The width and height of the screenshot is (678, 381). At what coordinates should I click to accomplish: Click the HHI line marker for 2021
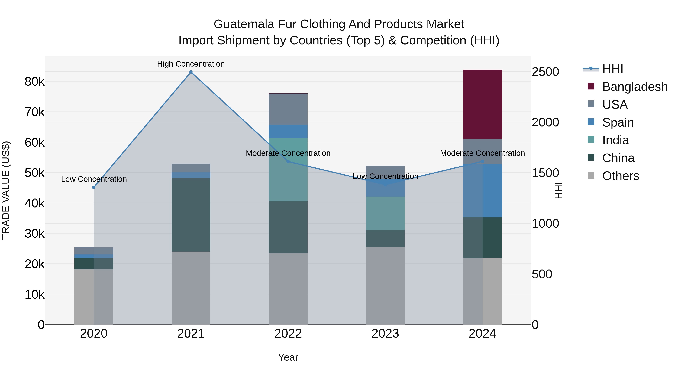(x=191, y=72)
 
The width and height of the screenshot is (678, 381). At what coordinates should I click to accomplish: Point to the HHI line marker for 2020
(x=94, y=187)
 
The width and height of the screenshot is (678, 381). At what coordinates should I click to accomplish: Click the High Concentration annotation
(x=191, y=64)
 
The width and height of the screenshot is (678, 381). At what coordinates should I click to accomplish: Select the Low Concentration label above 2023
(x=385, y=176)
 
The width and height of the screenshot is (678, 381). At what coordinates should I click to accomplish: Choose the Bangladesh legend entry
(x=634, y=87)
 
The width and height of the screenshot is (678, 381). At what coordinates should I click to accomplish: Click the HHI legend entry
(x=612, y=69)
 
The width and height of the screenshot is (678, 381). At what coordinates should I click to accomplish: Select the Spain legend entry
(x=618, y=122)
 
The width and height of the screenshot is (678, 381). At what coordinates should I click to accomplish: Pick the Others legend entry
(x=620, y=176)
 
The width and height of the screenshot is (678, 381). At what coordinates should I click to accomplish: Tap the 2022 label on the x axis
(x=288, y=334)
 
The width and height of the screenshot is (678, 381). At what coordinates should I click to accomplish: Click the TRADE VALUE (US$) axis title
(x=6, y=190)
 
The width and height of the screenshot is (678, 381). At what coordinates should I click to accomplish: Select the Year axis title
(x=288, y=357)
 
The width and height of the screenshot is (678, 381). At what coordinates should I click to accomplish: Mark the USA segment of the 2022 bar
(x=288, y=109)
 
